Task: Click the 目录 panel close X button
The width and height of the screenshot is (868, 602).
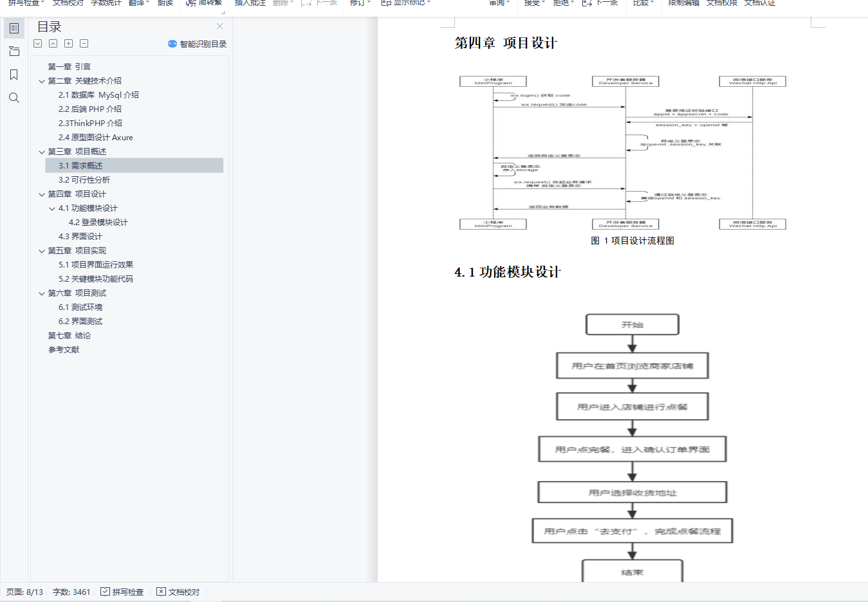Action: (220, 26)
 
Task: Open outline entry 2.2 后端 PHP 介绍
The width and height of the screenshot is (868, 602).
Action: (89, 109)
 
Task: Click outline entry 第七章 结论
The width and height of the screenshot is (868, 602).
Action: (69, 336)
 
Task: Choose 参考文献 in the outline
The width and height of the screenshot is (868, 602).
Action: (64, 350)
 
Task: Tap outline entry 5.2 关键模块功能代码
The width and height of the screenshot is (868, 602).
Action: (95, 279)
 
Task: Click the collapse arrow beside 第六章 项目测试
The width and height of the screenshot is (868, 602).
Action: (42, 293)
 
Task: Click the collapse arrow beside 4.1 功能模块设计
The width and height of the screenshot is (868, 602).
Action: (52, 208)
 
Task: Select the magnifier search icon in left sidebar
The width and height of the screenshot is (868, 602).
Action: (14, 98)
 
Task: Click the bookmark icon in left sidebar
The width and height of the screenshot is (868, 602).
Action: (14, 75)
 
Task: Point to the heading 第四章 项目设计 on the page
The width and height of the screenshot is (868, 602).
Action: (506, 43)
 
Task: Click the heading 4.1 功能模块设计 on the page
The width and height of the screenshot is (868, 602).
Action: (507, 272)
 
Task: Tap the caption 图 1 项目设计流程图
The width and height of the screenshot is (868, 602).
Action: (633, 241)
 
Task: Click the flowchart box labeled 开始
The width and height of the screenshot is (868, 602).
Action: (632, 325)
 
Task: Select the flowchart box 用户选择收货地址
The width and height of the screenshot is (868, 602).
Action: (633, 493)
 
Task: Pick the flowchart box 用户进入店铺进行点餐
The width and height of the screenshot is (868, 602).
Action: (632, 407)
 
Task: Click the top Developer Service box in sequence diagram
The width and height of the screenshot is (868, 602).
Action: (625, 82)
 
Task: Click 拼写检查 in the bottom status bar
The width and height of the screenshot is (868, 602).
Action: (122, 592)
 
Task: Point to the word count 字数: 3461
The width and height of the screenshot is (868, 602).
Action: (71, 592)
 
